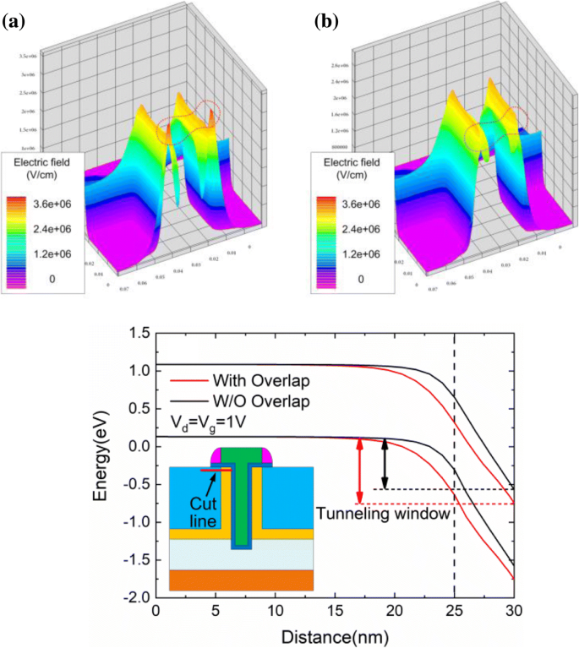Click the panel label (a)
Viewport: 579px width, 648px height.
pos(15,21)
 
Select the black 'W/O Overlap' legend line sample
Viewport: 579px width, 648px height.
pos(187,399)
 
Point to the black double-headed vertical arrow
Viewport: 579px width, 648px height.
pos(385,463)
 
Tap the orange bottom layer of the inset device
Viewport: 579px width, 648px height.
pos(242,579)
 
